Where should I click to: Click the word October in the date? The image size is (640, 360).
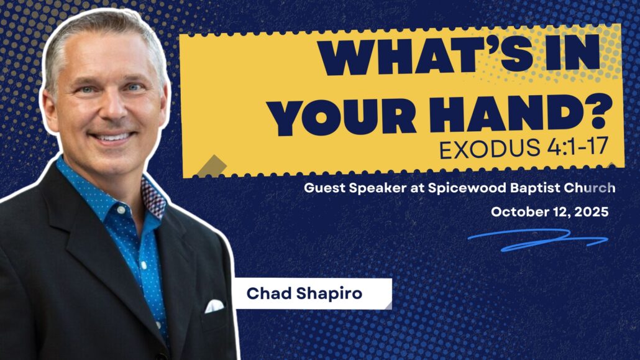point(515,212)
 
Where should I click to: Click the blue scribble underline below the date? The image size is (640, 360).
point(538,240)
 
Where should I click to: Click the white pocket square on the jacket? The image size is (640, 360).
point(214,305)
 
